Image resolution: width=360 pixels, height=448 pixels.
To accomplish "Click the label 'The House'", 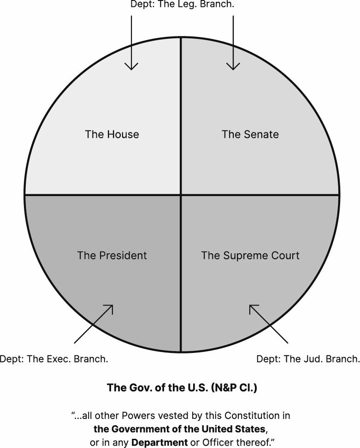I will (112, 134).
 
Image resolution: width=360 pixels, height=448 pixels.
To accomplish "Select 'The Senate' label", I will (250, 134).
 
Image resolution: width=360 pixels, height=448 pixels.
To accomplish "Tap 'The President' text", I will (112, 255).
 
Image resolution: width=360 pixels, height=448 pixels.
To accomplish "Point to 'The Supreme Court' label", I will (250, 255).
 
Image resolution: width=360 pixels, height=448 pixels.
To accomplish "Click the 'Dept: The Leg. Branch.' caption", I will (183, 5).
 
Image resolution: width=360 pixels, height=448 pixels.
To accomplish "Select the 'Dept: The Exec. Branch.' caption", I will (54, 358).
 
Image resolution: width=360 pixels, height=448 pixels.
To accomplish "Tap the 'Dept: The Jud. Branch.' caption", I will (307, 358).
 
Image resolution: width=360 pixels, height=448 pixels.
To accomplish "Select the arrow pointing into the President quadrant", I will (94, 324).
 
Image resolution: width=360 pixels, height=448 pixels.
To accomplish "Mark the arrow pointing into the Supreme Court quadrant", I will (268, 324).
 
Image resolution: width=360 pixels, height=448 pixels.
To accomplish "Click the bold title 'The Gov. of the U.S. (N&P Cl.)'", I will (182, 387).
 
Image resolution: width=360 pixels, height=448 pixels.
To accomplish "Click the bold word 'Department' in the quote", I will (159, 442).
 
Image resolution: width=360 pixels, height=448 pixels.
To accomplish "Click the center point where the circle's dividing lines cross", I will (180, 195).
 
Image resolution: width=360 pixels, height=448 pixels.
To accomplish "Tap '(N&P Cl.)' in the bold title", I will (234, 387).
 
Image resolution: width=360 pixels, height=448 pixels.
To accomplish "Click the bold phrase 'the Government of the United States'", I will (180, 429).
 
